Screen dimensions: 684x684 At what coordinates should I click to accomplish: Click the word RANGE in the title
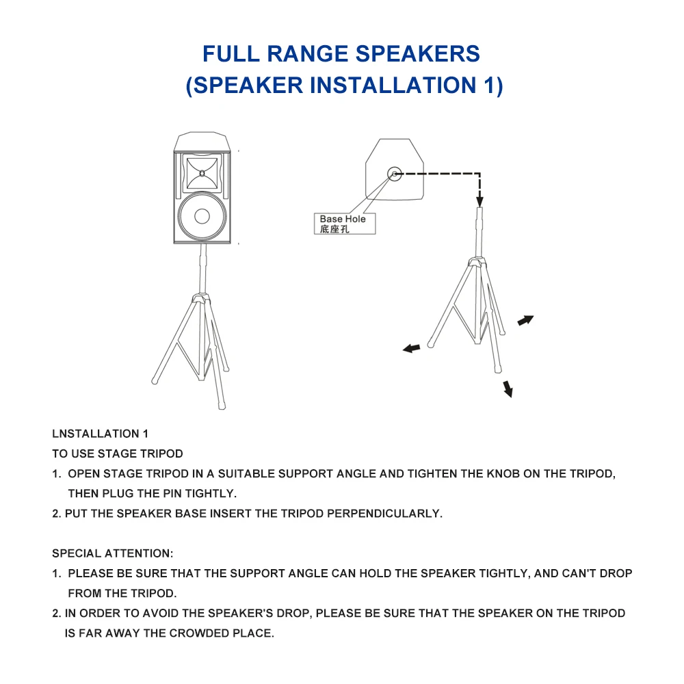coord(308,53)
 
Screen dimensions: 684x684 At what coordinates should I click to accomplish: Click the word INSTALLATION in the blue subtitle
coord(393,85)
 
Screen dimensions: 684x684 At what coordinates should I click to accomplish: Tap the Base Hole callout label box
coord(345,224)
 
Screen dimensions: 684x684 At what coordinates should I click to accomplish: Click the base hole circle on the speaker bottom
coord(395,174)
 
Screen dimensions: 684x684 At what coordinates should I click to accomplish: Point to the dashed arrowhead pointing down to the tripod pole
coord(480,201)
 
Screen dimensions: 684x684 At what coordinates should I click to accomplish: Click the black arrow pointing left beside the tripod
coord(411,348)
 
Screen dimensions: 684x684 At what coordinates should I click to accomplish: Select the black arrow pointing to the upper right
coord(525,320)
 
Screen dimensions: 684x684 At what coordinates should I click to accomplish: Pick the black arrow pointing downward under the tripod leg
coord(508,389)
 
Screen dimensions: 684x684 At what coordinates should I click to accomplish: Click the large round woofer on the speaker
coord(202,216)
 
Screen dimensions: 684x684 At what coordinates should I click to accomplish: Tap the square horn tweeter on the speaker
coord(202,173)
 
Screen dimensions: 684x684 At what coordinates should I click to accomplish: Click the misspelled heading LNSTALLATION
coord(96,434)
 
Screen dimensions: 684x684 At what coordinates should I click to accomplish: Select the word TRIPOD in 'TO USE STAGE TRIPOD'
coord(163,453)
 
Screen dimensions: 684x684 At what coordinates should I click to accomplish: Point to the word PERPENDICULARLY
coord(384,514)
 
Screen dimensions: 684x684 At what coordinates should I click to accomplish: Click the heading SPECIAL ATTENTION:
coord(113,553)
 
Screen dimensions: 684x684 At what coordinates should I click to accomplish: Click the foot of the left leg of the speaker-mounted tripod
coord(155,381)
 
